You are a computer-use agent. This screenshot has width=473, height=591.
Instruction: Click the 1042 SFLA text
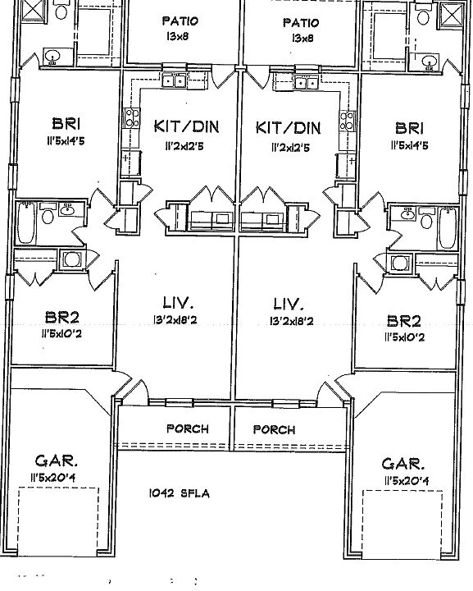tap(180, 493)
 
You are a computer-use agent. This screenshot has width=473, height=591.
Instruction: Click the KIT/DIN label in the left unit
tap(186, 127)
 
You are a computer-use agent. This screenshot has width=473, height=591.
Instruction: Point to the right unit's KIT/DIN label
tap(288, 127)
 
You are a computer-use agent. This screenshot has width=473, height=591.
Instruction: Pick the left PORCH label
tap(187, 428)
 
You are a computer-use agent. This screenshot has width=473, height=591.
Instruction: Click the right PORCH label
tap(274, 428)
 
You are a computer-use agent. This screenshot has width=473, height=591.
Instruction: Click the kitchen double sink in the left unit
tap(173, 80)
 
